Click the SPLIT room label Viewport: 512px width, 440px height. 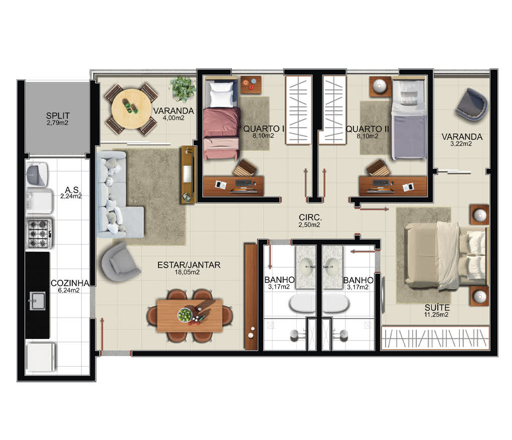click(58, 116)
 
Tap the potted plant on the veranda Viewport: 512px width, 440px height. click(182, 89)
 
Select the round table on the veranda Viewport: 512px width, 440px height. click(131, 108)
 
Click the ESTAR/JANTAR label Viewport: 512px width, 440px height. click(189, 265)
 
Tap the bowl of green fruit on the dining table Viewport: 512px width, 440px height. click(185, 315)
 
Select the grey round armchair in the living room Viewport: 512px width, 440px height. click(119, 262)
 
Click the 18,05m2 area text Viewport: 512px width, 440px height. click(187, 272)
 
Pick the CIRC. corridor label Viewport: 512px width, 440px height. click(310, 217)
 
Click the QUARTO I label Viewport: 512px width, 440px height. click(264, 129)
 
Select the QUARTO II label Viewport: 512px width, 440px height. click(368, 129)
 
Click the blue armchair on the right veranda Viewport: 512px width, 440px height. click(471, 105)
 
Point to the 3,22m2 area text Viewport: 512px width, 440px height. click(461, 144)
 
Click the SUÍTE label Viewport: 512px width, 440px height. click(437, 307)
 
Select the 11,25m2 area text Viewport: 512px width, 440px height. click(436, 315)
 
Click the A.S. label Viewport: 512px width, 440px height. click(72, 190)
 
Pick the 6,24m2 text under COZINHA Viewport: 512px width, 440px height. click(69, 290)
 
